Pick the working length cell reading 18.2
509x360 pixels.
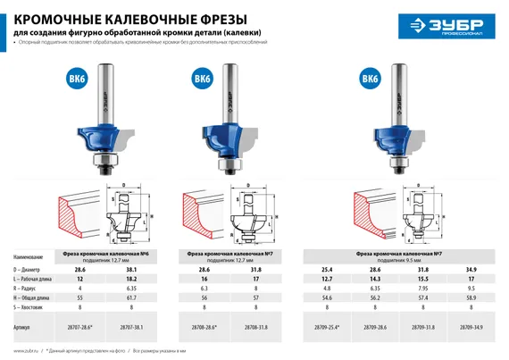134,279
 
